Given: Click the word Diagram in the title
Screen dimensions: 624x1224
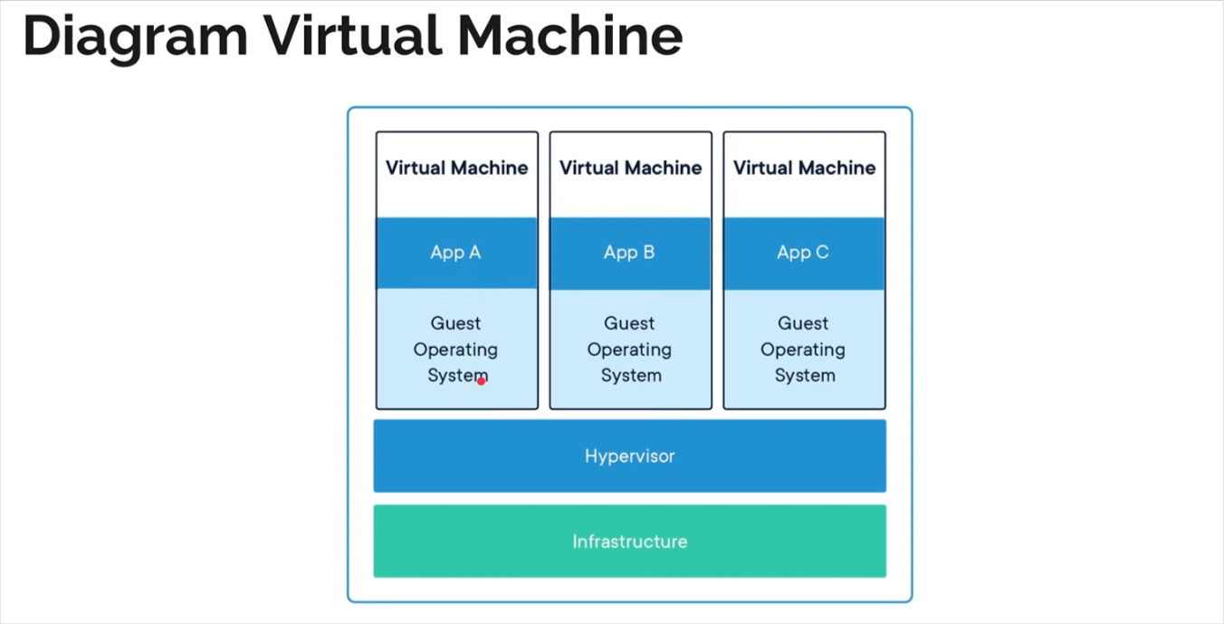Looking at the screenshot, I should point(134,36).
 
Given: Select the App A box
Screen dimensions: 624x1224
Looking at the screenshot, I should point(456,253).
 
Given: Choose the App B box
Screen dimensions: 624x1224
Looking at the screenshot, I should point(630,253).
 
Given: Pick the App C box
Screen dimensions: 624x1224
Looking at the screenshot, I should point(804,253).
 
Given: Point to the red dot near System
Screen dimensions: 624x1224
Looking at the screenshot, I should point(482,381).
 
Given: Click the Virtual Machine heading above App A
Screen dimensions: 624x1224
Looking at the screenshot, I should point(456,168).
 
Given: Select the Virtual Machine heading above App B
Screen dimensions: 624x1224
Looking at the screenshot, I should point(630,168).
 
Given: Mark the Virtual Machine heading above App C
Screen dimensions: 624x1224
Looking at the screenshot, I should point(804,168).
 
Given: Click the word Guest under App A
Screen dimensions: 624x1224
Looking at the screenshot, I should point(455,323).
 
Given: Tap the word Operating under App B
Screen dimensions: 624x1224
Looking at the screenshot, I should point(629,350).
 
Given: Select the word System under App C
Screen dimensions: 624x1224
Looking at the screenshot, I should point(804,376).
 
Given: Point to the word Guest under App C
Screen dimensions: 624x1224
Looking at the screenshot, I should point(803,323).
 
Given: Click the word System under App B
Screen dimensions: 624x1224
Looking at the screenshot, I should point(630,376).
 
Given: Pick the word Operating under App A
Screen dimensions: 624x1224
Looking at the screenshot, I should point(455,350).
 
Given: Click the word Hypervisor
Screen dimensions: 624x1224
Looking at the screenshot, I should point(629,456).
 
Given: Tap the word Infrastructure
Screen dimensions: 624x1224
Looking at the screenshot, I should point(629,542).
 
